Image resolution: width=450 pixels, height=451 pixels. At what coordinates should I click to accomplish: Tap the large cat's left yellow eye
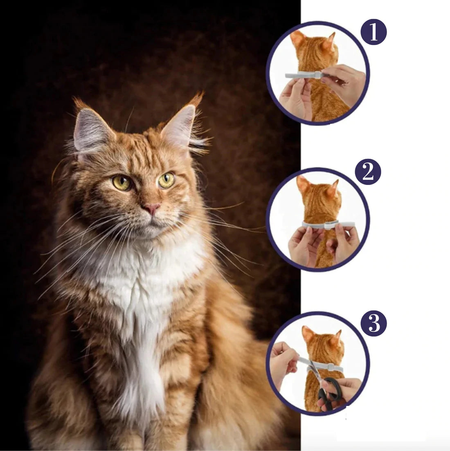click(x=122, y=182)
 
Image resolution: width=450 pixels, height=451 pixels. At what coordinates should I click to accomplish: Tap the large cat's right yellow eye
click(x=166, y=180)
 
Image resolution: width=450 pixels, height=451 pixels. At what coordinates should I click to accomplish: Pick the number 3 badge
click(x=373, y=323)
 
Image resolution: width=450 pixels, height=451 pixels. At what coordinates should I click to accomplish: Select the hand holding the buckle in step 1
click(x=344, y=82)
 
